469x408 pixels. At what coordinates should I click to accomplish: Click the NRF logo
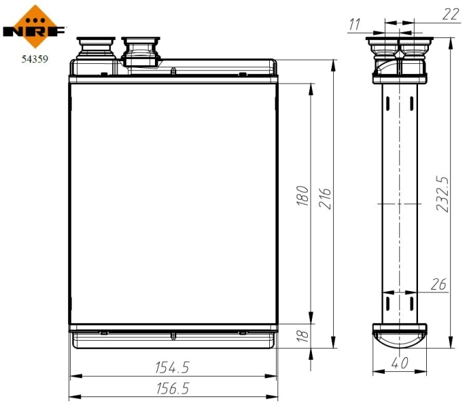coord(35,26)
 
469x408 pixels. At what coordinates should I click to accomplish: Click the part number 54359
coord(34,59)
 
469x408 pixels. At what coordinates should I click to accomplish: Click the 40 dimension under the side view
coord(400,364)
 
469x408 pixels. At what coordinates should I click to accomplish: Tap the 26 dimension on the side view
coord(438,284)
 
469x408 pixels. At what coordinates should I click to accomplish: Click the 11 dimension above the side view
coord(354,24)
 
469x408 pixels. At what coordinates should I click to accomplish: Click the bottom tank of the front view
coord(173,338)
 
